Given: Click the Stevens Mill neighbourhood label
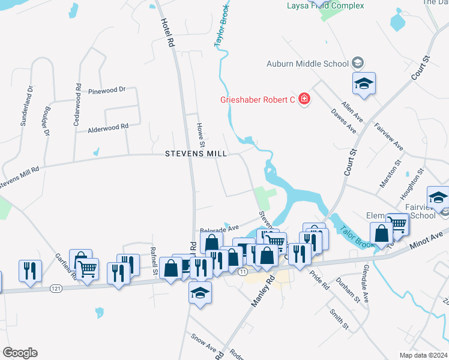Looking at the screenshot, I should pyautogui.click(x=196, y=154).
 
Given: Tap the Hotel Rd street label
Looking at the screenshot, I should pyautogui.click(x=167, y=33).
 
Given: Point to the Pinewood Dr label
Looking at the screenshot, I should pyautogui.click(x=106, y=90).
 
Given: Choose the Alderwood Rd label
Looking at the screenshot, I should pyautogui.click(x=108, y=127).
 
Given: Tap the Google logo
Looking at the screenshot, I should pyautogui.click(x=19, y=353).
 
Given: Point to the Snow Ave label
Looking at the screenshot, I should pyautogui.click(x=203, y=342).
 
